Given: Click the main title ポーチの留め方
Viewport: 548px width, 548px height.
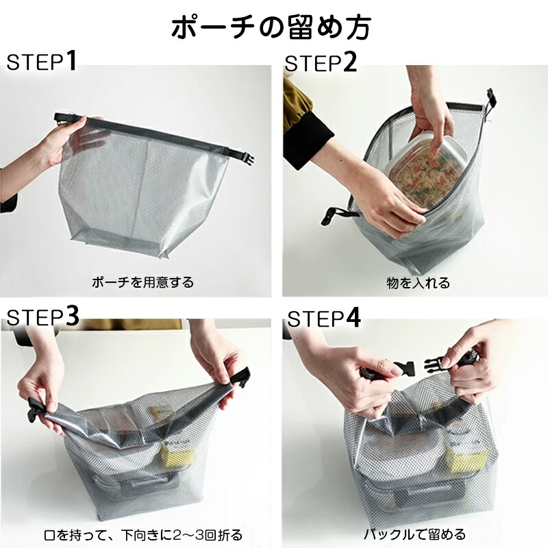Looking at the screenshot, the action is click(x=271, y=27).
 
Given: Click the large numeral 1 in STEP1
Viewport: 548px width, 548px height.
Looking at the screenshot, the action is click(x=71, y=60).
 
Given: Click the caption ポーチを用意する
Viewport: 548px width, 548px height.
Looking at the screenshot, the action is click(x=142, y=282).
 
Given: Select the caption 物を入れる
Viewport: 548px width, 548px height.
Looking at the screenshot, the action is click(x=419, y=283).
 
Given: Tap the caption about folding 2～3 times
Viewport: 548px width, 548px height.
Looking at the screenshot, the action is click(x=143, y=535).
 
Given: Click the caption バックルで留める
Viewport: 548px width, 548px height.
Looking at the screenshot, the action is click(x=415, y=534).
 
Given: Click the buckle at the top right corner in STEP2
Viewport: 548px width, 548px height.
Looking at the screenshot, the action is click(x=492, y=101).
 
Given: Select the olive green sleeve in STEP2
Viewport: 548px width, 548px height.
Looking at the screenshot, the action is click(x=297, y=104).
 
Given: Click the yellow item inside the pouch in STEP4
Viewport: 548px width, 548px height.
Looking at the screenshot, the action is click(x=468, y=460).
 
